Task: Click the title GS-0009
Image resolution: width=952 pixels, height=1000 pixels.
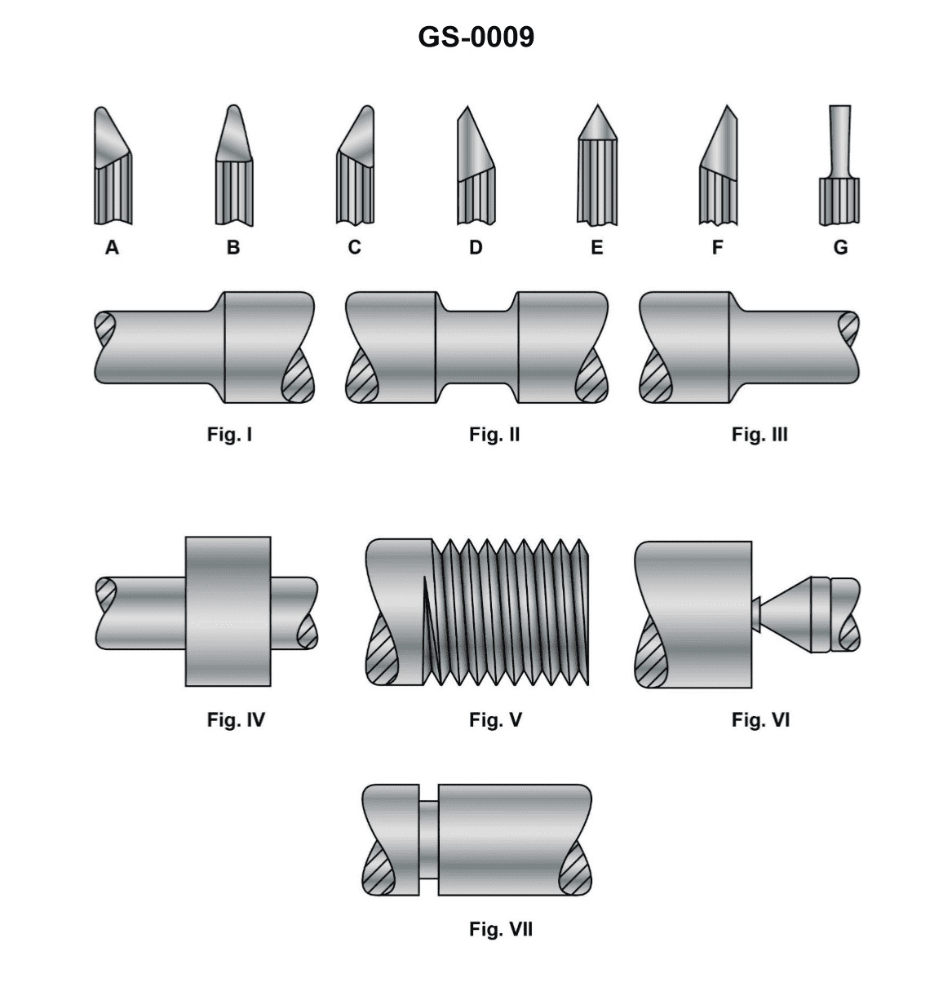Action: click(476, 37)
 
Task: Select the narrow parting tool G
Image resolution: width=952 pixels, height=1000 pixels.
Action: click(839, 171)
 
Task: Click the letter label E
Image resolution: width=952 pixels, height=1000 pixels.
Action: click(597, 247)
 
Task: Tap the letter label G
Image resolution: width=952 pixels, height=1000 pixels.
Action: click(840, 247)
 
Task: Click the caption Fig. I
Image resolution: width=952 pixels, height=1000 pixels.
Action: click(229, 435)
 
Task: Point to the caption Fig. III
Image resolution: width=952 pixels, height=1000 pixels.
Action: click(759, 435)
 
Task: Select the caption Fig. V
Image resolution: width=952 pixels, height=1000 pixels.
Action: click(495, 720)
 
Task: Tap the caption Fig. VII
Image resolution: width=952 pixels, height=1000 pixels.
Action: click(500, 929)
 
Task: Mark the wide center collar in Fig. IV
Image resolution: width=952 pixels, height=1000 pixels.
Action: click(228, 611)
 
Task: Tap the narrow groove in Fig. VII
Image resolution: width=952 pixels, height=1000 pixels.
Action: click(429, 840)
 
